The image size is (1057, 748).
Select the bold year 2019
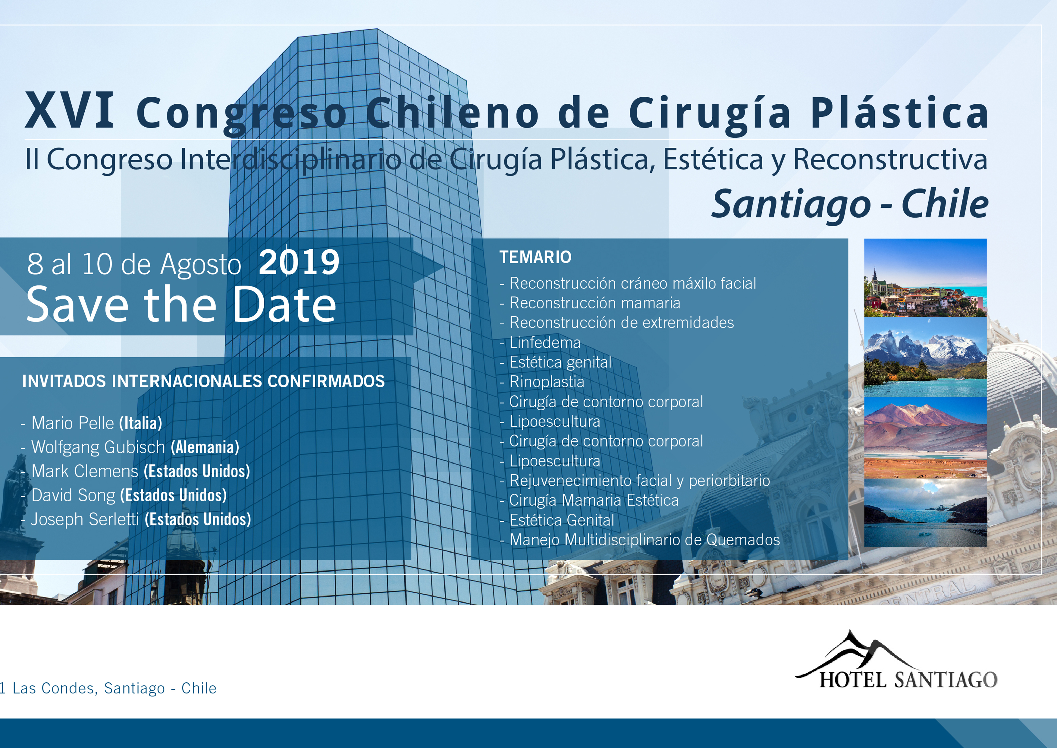click(x=299, y=263)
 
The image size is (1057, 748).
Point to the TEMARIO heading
click(x=535, y=257)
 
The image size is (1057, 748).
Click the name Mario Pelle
click(x=73, y=423)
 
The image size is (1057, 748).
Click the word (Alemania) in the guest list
click(x=205, y=447)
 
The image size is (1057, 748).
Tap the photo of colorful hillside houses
click(x=925, y=278)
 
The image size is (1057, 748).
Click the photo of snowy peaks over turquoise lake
click(x=925, y=357)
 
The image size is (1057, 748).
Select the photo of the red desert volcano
click(x=925, y=437)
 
